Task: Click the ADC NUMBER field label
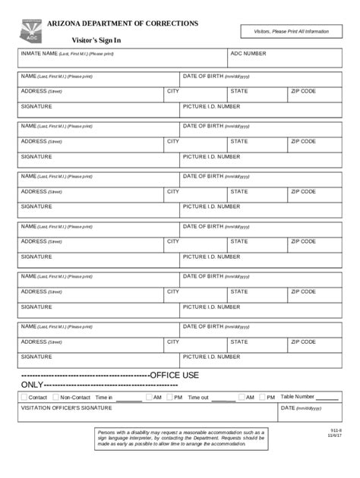click(x=248, y=54)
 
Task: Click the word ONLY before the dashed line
click(x=32, y=385)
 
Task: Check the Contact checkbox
click(x=24, y=397)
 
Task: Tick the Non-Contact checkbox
click(x=55, y=397)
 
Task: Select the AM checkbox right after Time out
click(x=241, y=397)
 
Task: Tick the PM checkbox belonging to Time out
click(x=262, y=397)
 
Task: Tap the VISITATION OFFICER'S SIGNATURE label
click(x=66, y=408)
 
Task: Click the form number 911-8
click(x=336, y=430)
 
